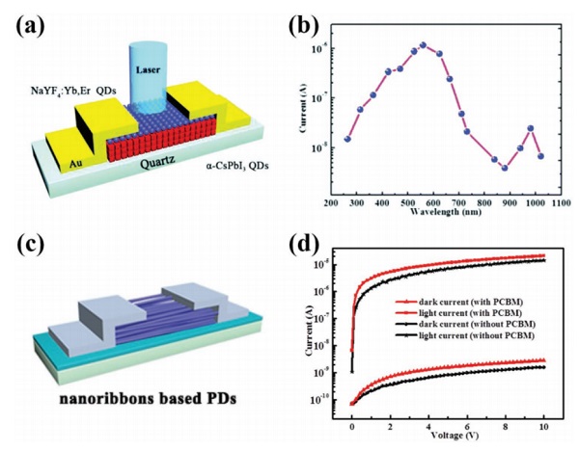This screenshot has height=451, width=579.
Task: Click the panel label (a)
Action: point(29,20)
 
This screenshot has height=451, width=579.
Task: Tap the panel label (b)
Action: point(315,20)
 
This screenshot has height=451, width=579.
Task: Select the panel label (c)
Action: point(29,243)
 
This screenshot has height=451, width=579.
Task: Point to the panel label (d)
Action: point(315,243)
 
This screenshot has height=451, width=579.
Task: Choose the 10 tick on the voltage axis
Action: point(545,424)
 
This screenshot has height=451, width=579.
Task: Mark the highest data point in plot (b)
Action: point(423,45)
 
